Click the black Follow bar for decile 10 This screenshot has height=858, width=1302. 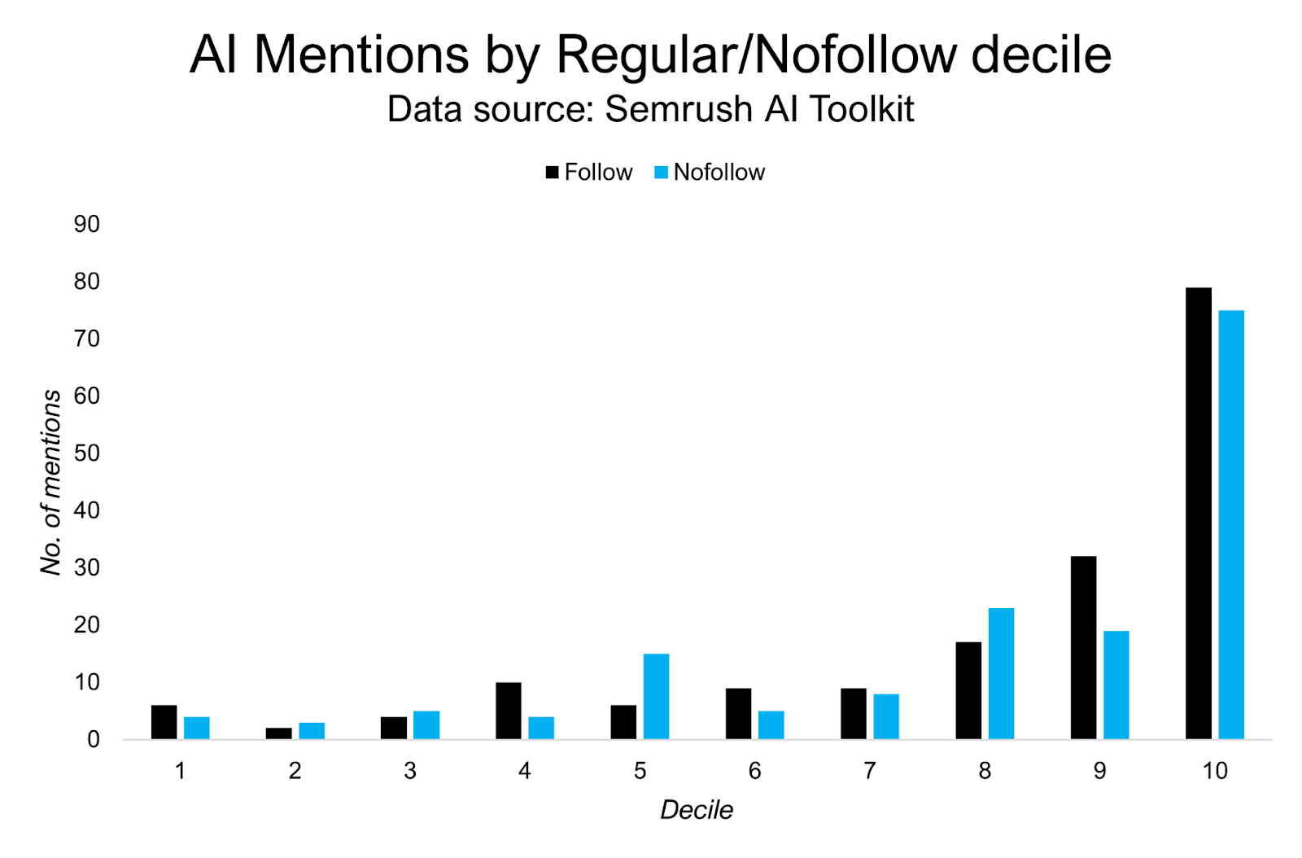(1198, 513)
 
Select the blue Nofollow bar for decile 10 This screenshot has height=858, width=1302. (1231, 524)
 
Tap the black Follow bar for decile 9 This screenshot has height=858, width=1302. (1083, 647)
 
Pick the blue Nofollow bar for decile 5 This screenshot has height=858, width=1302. (656, 696)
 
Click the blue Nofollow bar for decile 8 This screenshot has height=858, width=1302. (1001, 673)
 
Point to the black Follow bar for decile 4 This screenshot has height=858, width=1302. (508, 711)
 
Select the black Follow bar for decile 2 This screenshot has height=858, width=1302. (278, 733)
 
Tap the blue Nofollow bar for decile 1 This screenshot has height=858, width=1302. (197, 728)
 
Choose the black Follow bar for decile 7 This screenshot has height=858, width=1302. (853, 713)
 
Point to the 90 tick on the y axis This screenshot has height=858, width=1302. (86, 225)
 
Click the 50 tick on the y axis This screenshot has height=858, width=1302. (86, 453)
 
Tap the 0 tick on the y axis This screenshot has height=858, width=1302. (93, 740)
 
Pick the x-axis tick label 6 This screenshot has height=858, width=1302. (754, 771)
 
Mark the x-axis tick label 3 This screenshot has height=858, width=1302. (409, 771)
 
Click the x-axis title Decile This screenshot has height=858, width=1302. (696, 810)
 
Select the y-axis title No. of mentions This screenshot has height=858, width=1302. (50, 482)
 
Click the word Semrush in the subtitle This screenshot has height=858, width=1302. (679, 109)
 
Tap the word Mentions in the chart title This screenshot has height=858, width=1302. (361, 55)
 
